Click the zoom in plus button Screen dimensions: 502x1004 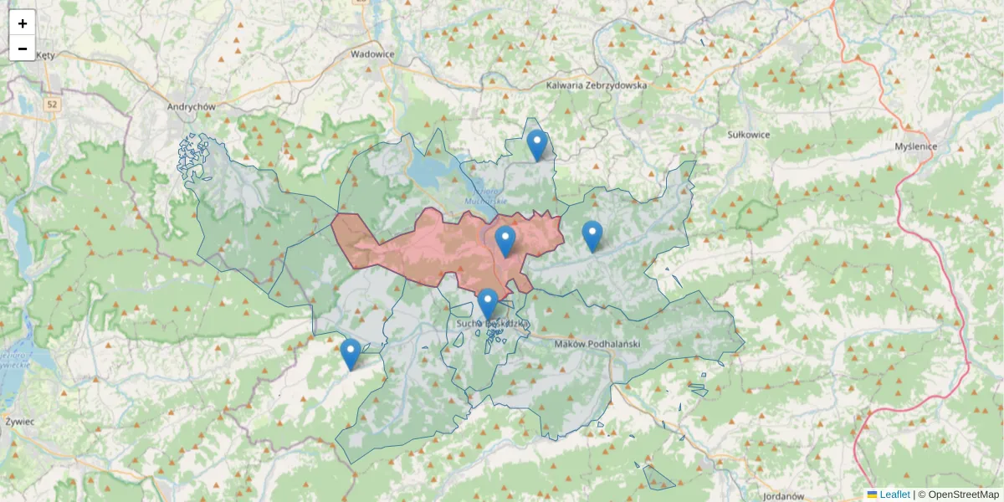[x=23, y=23]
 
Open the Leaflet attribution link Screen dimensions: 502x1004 [x=894, y=494]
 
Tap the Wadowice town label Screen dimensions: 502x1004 [x=372, y=54]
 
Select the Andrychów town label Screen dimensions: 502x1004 [x=192, y=107]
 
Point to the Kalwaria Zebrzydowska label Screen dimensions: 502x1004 [x=597, y=85]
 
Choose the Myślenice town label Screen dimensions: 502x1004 [x=915, y=146]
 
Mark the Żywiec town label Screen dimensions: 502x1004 [x=19, y=422]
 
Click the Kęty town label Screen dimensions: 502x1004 [x=44, y=55]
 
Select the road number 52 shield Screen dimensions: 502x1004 [x=52, y=105]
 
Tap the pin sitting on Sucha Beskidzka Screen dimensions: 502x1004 [x=488, y=304]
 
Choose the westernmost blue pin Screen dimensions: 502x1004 [x=351, y=354]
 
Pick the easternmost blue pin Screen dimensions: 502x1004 [x=592, y=236]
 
